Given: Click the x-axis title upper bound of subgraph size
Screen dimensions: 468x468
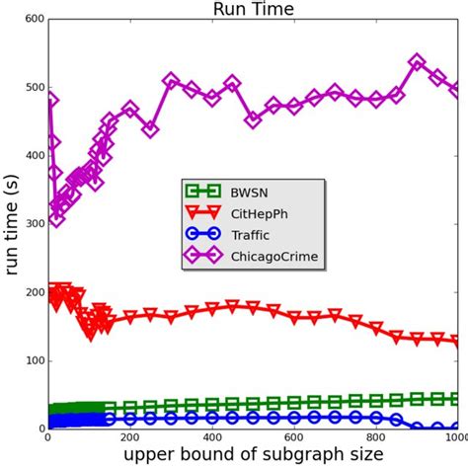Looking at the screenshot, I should click(x=253, y=457).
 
